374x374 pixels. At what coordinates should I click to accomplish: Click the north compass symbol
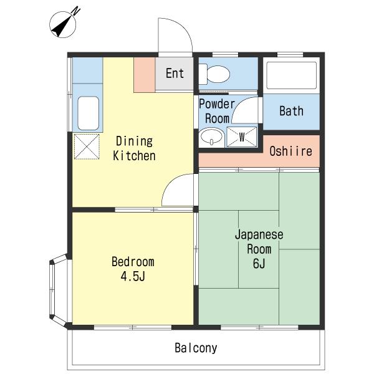pyautogui.click(x=63, y=24)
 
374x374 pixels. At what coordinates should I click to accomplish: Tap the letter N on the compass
pyautogui.click(x=76, y=11)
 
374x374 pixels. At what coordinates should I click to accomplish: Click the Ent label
pyautogui.click(x=175, y=73)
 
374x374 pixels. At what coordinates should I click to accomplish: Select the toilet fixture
pyautogui.click(x=214, y=74)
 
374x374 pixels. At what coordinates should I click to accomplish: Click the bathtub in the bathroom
pyautogui.click(x=292, y=75)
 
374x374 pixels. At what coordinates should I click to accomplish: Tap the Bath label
pyautogui.click(x=292, y=111)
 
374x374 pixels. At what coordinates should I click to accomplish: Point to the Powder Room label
pyautogui.click(x=217, y=111)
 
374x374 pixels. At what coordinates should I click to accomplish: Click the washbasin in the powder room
pyautogui.click(x=211, y=137)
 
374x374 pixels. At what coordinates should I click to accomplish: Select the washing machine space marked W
pyautogui.click(x=242, y=137)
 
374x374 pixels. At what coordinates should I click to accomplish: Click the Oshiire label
pyautogui.click(x=290, y=151)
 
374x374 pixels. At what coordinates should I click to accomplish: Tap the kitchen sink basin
pyautogui.click(x=89, y=113)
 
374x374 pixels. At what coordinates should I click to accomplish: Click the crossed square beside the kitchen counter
pyautogui.click(x=87, y=146)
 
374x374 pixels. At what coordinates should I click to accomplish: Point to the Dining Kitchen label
pyautogui.click(x=134, y=148)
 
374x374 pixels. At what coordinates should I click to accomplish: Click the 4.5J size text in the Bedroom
pyautogui.click(x=133, y=276)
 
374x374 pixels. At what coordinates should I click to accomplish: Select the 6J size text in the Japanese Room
pyautogui.click(x=259, y=264)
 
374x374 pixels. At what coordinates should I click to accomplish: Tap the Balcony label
pyautogui.click(x=196, y=348)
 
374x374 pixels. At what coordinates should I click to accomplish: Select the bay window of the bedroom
pyautogui.click(x=59, y=290)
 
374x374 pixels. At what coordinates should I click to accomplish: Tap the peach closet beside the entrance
pyautogui.click(x=145, y=75)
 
